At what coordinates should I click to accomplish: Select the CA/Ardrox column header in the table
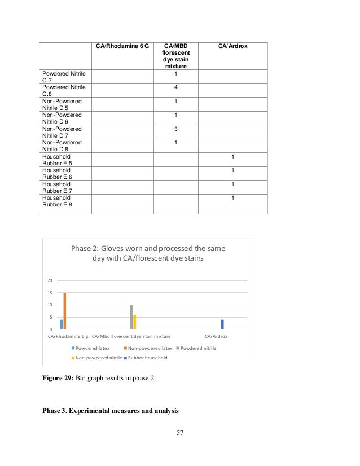coord(232,46)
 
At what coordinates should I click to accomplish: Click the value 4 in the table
coord(176,87)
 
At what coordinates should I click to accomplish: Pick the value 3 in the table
coord(176,129)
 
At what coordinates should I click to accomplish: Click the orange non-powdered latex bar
coord(65,310)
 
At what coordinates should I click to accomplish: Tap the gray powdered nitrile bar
coord(131,316)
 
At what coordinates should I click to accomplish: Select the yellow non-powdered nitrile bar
coord(135,322)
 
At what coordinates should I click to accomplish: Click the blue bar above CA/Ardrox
coord(222,324)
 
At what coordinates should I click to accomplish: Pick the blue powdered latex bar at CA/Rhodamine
coord(61,324)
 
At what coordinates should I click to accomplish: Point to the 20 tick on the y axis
coord(50,280)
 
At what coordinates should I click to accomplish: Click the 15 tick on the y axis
coord(50,293)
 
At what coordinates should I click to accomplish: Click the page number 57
coord(180,433)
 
